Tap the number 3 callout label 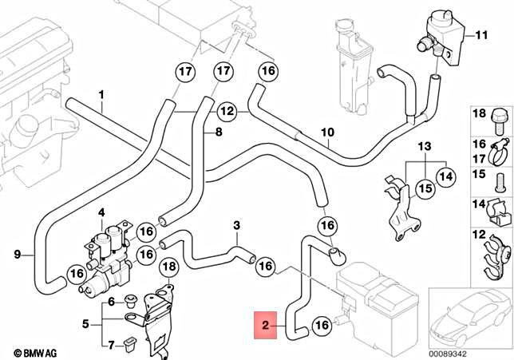point(236,226)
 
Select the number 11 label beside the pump point(480,35)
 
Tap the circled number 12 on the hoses point(227,112)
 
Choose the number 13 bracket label point(424,146)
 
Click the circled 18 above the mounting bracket point(168,265)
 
